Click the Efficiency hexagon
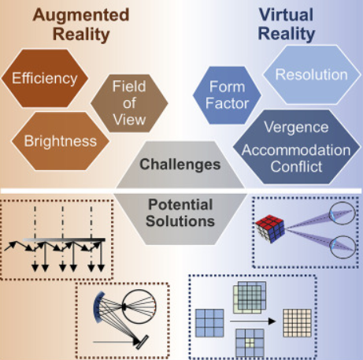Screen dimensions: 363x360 point(45,78)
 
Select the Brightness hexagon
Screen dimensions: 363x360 point(60,141)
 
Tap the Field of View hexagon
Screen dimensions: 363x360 point(129,103)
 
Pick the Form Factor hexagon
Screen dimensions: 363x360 point(227,95)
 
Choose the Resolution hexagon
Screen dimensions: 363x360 point(312,75)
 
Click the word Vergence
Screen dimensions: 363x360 point(296,127)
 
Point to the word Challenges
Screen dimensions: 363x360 point(180,165)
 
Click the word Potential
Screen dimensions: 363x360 point(180,204)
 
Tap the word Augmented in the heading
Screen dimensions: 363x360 point(81,15)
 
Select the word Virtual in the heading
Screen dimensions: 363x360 point(286,14)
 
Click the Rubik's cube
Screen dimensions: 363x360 point(270,229)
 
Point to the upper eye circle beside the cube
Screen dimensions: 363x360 point(343,213)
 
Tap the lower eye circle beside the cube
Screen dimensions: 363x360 point(343,247)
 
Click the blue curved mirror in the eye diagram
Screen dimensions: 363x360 point(98,307)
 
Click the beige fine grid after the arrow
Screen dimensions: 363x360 point(297,323)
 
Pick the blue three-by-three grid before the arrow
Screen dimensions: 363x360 point(209,323)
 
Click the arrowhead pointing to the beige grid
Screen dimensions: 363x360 point(272,321)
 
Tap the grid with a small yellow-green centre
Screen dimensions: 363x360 point(250,343)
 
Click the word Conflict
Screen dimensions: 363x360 point(296,166)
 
